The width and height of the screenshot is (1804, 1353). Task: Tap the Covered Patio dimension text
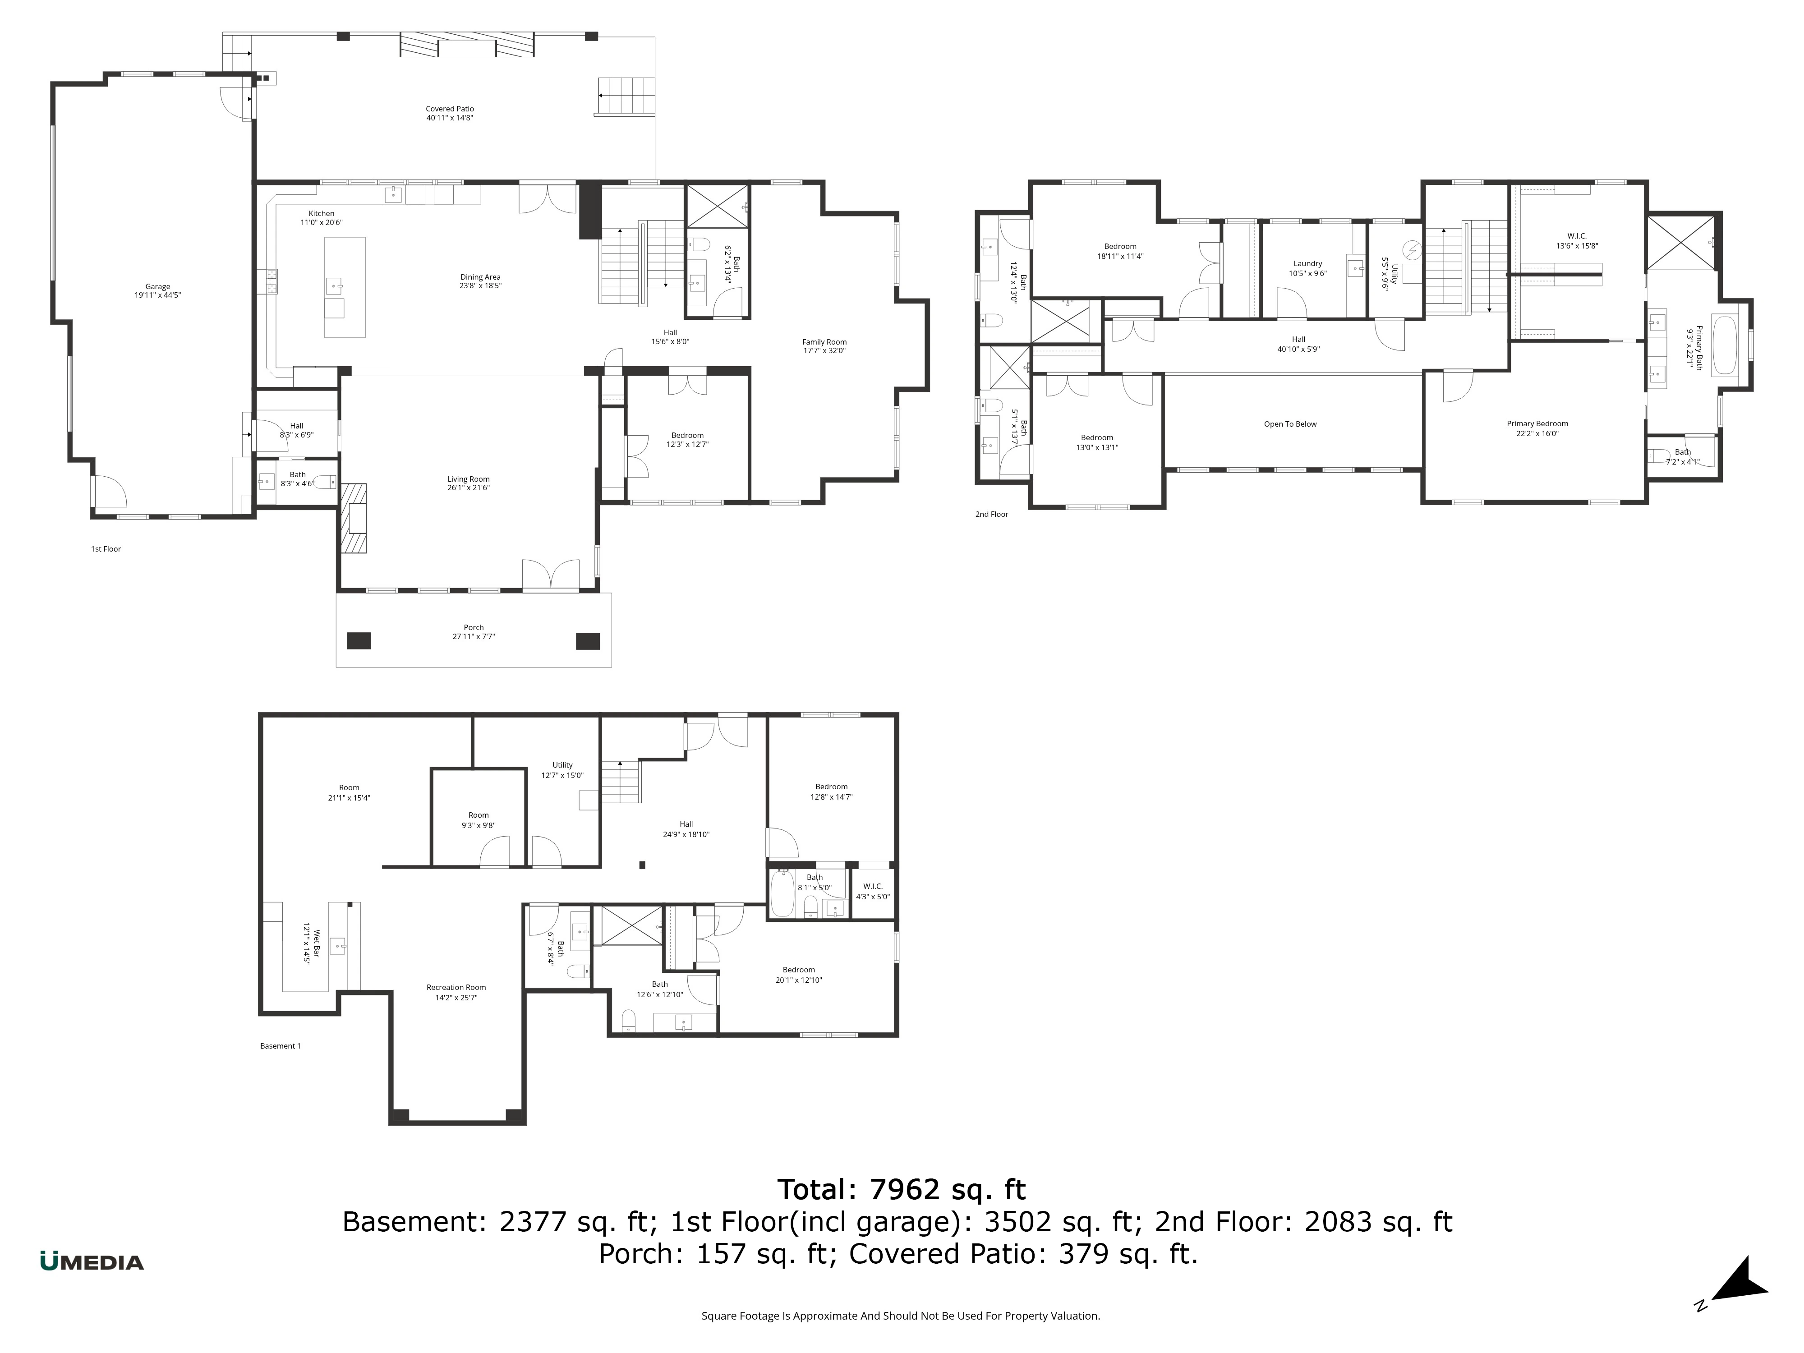tap(449, 118)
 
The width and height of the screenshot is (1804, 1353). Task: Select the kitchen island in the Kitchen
tap(344, 287)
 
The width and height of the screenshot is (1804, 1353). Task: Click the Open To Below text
tap(1290, 424)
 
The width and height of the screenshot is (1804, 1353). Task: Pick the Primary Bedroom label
tap(1537, 424)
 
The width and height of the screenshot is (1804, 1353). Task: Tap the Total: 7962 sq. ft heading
tap(901, 1190)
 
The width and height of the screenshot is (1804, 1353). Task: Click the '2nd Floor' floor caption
tap(992, 515)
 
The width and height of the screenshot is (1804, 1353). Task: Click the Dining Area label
tap(480, 277)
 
